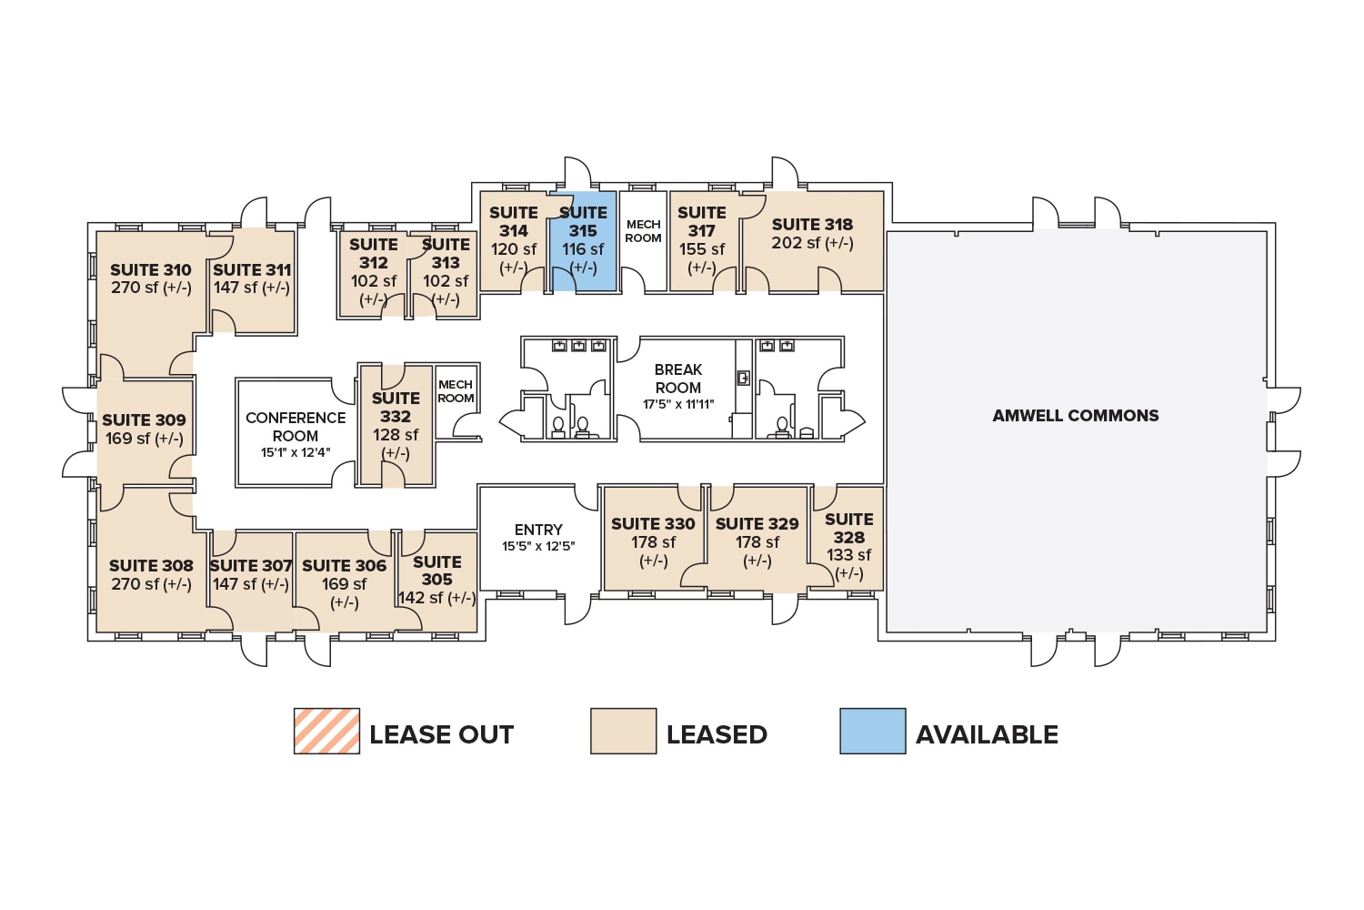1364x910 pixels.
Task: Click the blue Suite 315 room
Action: (583, 241)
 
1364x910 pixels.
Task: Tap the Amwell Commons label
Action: (1076, 416)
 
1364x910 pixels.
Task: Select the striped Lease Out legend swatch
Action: (326, 731)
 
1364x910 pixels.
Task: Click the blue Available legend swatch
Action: (872, 731)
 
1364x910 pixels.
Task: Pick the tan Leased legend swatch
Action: (623, 731)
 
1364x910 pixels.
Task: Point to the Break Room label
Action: (678, 379)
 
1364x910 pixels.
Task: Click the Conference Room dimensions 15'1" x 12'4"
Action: (296, 452)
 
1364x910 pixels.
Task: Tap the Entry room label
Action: (538, 530)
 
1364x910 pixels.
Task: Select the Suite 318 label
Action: (812, 225)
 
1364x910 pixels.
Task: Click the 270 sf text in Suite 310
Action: (135, 288)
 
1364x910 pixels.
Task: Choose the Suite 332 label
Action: (396, 408)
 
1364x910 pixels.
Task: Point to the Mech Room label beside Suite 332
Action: (456, 391)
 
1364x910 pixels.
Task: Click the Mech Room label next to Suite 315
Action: (643, 231)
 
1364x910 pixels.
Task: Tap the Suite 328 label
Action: (849, 528)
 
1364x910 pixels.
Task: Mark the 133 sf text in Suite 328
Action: (849, 555)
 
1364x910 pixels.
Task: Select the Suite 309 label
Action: (144, 420)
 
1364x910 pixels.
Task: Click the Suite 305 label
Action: (437, 571)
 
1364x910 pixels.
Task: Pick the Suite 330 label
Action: (653, 524)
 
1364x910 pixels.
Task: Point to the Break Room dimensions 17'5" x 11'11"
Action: (678, 405)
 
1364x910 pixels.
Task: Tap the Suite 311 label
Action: (252, 270)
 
